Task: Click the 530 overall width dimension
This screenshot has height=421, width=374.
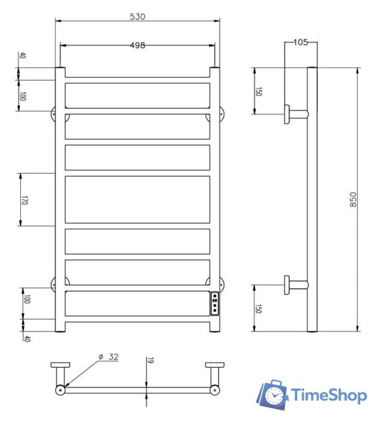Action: (x=138, y=15)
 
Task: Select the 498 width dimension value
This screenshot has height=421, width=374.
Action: (x=138, y=45)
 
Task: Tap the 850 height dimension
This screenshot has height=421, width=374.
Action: (x=352, y=199)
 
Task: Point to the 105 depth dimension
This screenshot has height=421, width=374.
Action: (x=300, y=43)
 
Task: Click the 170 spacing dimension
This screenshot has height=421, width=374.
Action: (x=24, y=199)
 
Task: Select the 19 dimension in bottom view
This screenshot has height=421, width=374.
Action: (x=151, y=360)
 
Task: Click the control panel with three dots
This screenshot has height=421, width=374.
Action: (x=214, y=304)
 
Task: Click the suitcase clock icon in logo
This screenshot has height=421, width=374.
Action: (x=273, y=394)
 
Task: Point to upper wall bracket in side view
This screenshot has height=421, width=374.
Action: (x=295, y=113)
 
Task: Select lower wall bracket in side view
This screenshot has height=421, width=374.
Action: (x=295, y=285)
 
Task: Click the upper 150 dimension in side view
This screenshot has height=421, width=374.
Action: (x=258, y=91)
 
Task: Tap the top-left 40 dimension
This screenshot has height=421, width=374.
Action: (x=23, y=57)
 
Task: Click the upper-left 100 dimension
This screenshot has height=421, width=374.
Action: (x=23, y=96)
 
